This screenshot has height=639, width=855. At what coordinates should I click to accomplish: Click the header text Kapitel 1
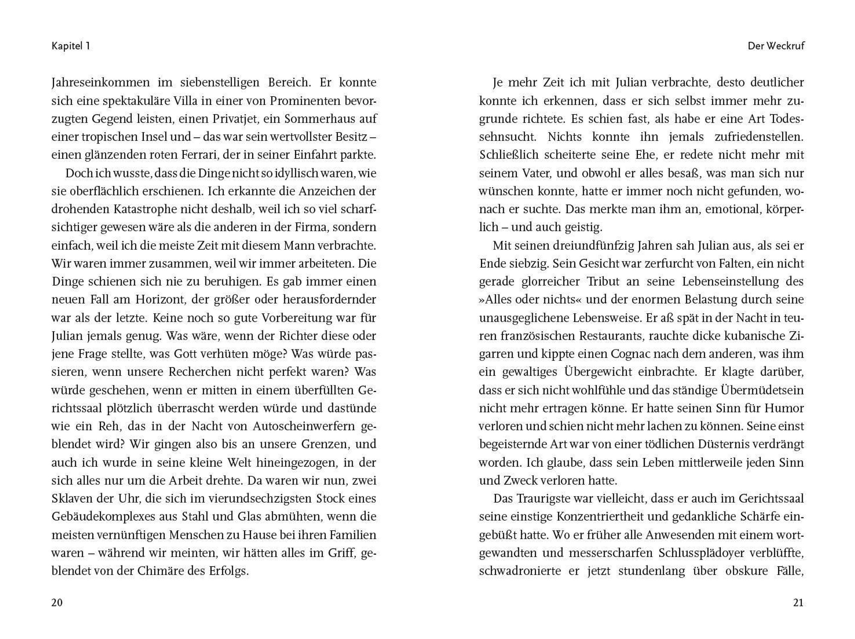71,46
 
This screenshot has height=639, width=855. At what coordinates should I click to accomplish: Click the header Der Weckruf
776,46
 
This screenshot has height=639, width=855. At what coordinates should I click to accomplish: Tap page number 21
798,602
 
